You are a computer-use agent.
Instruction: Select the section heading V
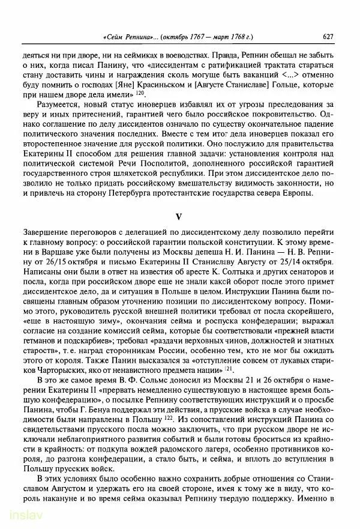point(178,216)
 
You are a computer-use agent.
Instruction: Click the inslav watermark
point(20,515)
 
